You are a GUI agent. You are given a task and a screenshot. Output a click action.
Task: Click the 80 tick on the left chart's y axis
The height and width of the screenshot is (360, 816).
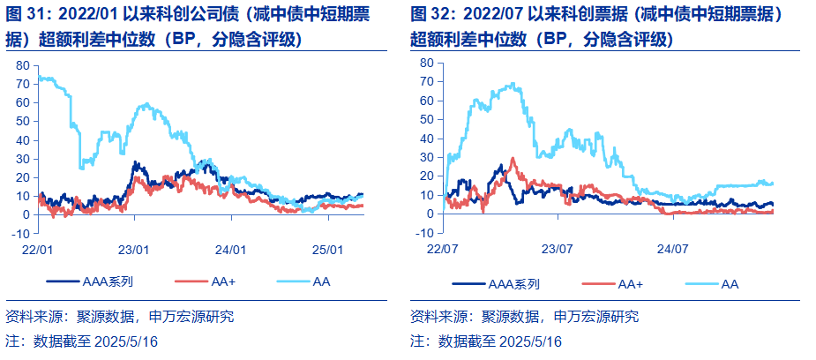click(23, 65)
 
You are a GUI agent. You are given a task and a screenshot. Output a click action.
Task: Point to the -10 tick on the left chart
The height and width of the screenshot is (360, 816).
click(19, 233)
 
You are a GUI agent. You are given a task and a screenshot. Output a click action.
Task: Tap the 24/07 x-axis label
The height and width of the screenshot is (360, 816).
click(671, 250)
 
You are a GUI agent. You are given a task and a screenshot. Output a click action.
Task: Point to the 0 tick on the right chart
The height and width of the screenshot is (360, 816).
click(429, 214)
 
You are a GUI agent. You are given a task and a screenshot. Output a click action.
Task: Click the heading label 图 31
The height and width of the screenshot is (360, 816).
click(27, 15)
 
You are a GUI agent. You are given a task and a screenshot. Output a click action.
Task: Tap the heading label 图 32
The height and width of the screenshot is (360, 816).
click(433, 15)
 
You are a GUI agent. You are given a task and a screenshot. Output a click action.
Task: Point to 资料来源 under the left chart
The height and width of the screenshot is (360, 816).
click(34, 317)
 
